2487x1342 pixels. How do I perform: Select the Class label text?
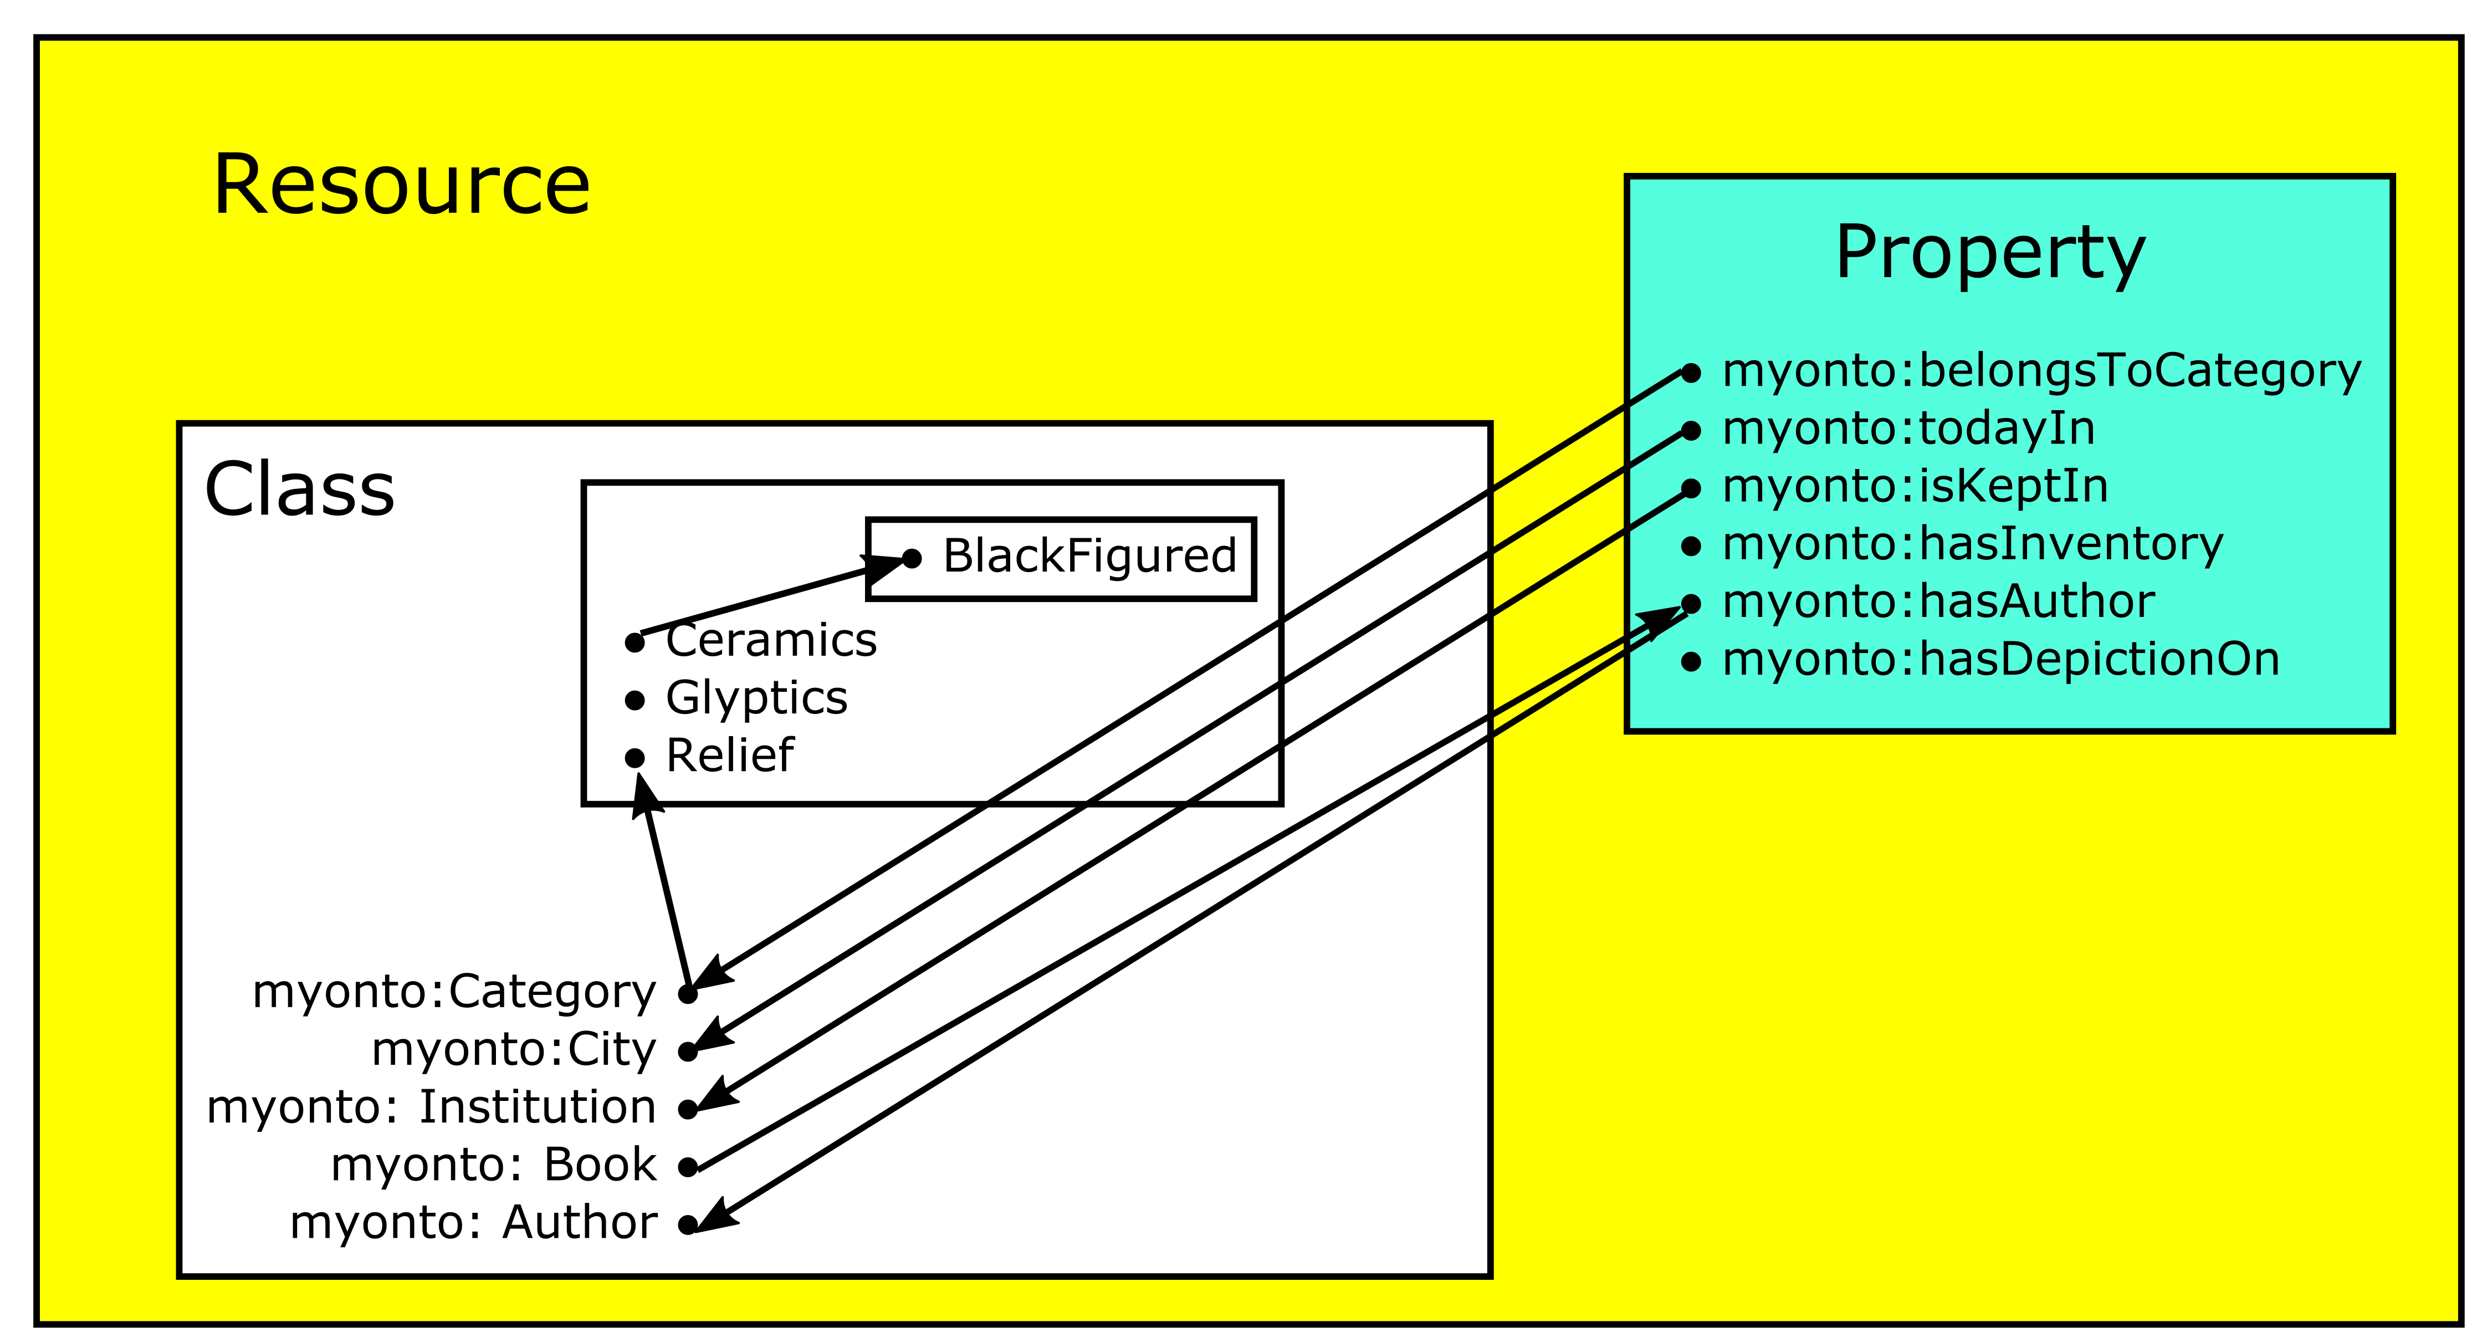point(299,489)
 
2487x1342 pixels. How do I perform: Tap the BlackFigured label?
point(1089,556)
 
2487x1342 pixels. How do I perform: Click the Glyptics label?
point(756,698)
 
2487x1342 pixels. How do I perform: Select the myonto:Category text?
point(454,992)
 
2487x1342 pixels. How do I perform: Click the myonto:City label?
point(514,1049)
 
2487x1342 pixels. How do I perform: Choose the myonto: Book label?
point(493,1165)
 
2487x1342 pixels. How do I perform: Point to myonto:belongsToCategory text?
point(2041,371)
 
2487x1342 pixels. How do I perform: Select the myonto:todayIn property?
point(1908,428)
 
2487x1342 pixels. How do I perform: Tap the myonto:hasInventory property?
point(1972,544)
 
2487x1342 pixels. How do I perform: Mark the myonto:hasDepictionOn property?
point(2000,660)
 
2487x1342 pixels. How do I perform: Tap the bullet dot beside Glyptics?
point(634,701)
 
